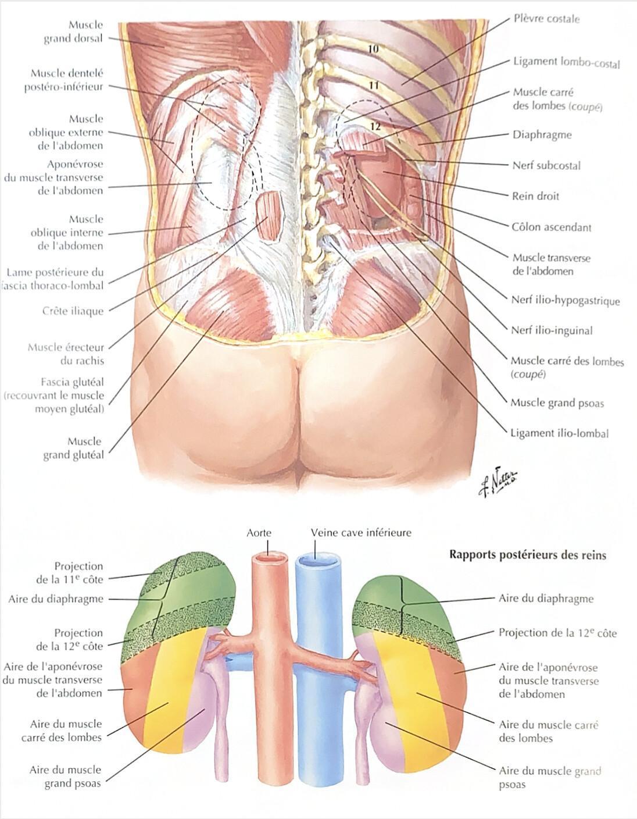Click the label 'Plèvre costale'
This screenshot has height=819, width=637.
pos(546,19)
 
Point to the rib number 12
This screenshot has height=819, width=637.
pos(375,126)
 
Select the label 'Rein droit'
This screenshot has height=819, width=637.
pos(535,196)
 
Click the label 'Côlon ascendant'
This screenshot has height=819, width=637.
pos(551,227)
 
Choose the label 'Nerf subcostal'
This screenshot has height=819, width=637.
pos(546,165)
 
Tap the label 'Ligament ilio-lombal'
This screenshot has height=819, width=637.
pos(560,433)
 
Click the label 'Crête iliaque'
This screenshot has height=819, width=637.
pos(73,311)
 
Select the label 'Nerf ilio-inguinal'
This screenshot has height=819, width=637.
pos(552,330)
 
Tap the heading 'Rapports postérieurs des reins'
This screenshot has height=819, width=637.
pos(528,555)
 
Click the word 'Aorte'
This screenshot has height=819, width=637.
pos(259,533)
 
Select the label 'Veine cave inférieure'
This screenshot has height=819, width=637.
pos(361,533)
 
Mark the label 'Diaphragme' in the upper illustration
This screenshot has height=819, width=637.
pos(542,134)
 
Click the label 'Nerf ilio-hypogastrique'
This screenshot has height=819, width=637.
pos(565,300)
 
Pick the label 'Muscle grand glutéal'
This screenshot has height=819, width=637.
pos(73,448)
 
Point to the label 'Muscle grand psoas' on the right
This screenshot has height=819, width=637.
pos(557,403)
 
